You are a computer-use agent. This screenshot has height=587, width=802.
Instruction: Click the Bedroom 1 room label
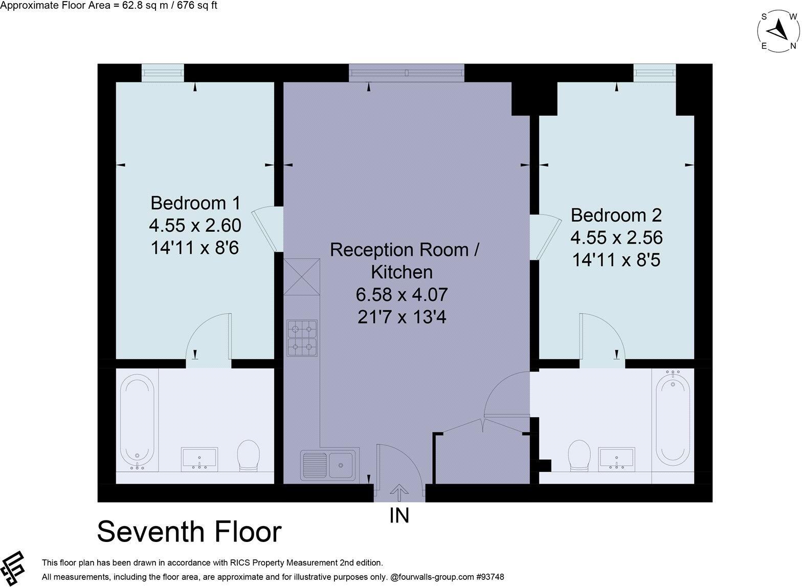coord(195,203)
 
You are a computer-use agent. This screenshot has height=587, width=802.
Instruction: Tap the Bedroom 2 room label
coord(616,215)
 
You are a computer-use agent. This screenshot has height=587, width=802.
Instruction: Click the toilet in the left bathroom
coord(249,454)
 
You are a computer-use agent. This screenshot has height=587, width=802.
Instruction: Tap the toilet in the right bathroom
coord(580,454)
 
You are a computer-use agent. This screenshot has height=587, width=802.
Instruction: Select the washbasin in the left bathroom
coord(199,459)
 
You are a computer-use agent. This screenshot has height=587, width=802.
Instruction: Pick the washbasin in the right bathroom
coord(617,458)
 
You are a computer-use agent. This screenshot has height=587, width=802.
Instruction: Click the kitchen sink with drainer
coord(330,464)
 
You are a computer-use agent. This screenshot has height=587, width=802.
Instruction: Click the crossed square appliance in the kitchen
coord(302,277)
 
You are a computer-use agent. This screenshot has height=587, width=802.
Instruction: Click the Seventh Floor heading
coord(189,532)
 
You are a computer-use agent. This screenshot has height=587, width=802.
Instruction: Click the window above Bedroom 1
coord(162,72)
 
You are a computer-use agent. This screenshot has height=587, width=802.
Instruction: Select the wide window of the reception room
coord(407,73)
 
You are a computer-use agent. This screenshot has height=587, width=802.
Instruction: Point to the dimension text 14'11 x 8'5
coord(616,260)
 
